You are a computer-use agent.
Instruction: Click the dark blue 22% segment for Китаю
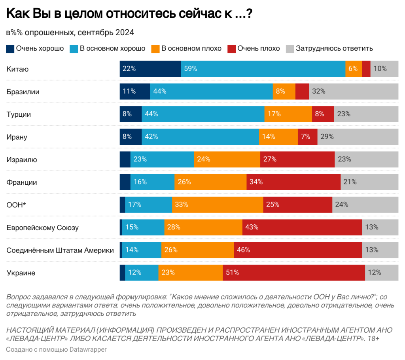pyautogui.click(x=150, y=69)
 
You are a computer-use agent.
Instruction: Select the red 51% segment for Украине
pyautogui.click(x=293, y=273)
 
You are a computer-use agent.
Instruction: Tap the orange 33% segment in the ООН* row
pyautogui.click(x=218, y=205)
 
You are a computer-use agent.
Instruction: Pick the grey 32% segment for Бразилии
pyautogui.click(x=354, y=91)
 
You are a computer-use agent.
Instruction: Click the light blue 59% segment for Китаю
pyautogui.click(x=263, y=69)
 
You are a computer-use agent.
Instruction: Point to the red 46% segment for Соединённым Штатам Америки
pyautogui.click(x=298, y=250)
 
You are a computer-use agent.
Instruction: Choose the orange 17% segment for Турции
pyautogui.click(x=288, y=114)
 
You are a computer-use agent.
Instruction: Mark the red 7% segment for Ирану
pyautogui.click(x=307, y=136)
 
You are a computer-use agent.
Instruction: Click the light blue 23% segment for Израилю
pyautogui.click(x=162, y=159)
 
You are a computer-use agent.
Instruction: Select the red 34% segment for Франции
pyautogui.click(x=293, y=182)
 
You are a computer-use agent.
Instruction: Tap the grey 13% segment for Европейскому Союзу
pyautogui.click(x=380, y=227)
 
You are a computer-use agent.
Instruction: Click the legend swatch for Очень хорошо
pyautogui.click(x=10, y=49)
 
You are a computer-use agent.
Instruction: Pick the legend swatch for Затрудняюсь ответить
pyautogui.click(x=290, y=49)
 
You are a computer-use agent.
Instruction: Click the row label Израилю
pyautogui.click(x=22, y=160)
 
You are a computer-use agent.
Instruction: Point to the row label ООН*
pyautogui.click(x=17, y=205)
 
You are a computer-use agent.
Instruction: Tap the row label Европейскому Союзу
pyautogui.click(x=42, y=228)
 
